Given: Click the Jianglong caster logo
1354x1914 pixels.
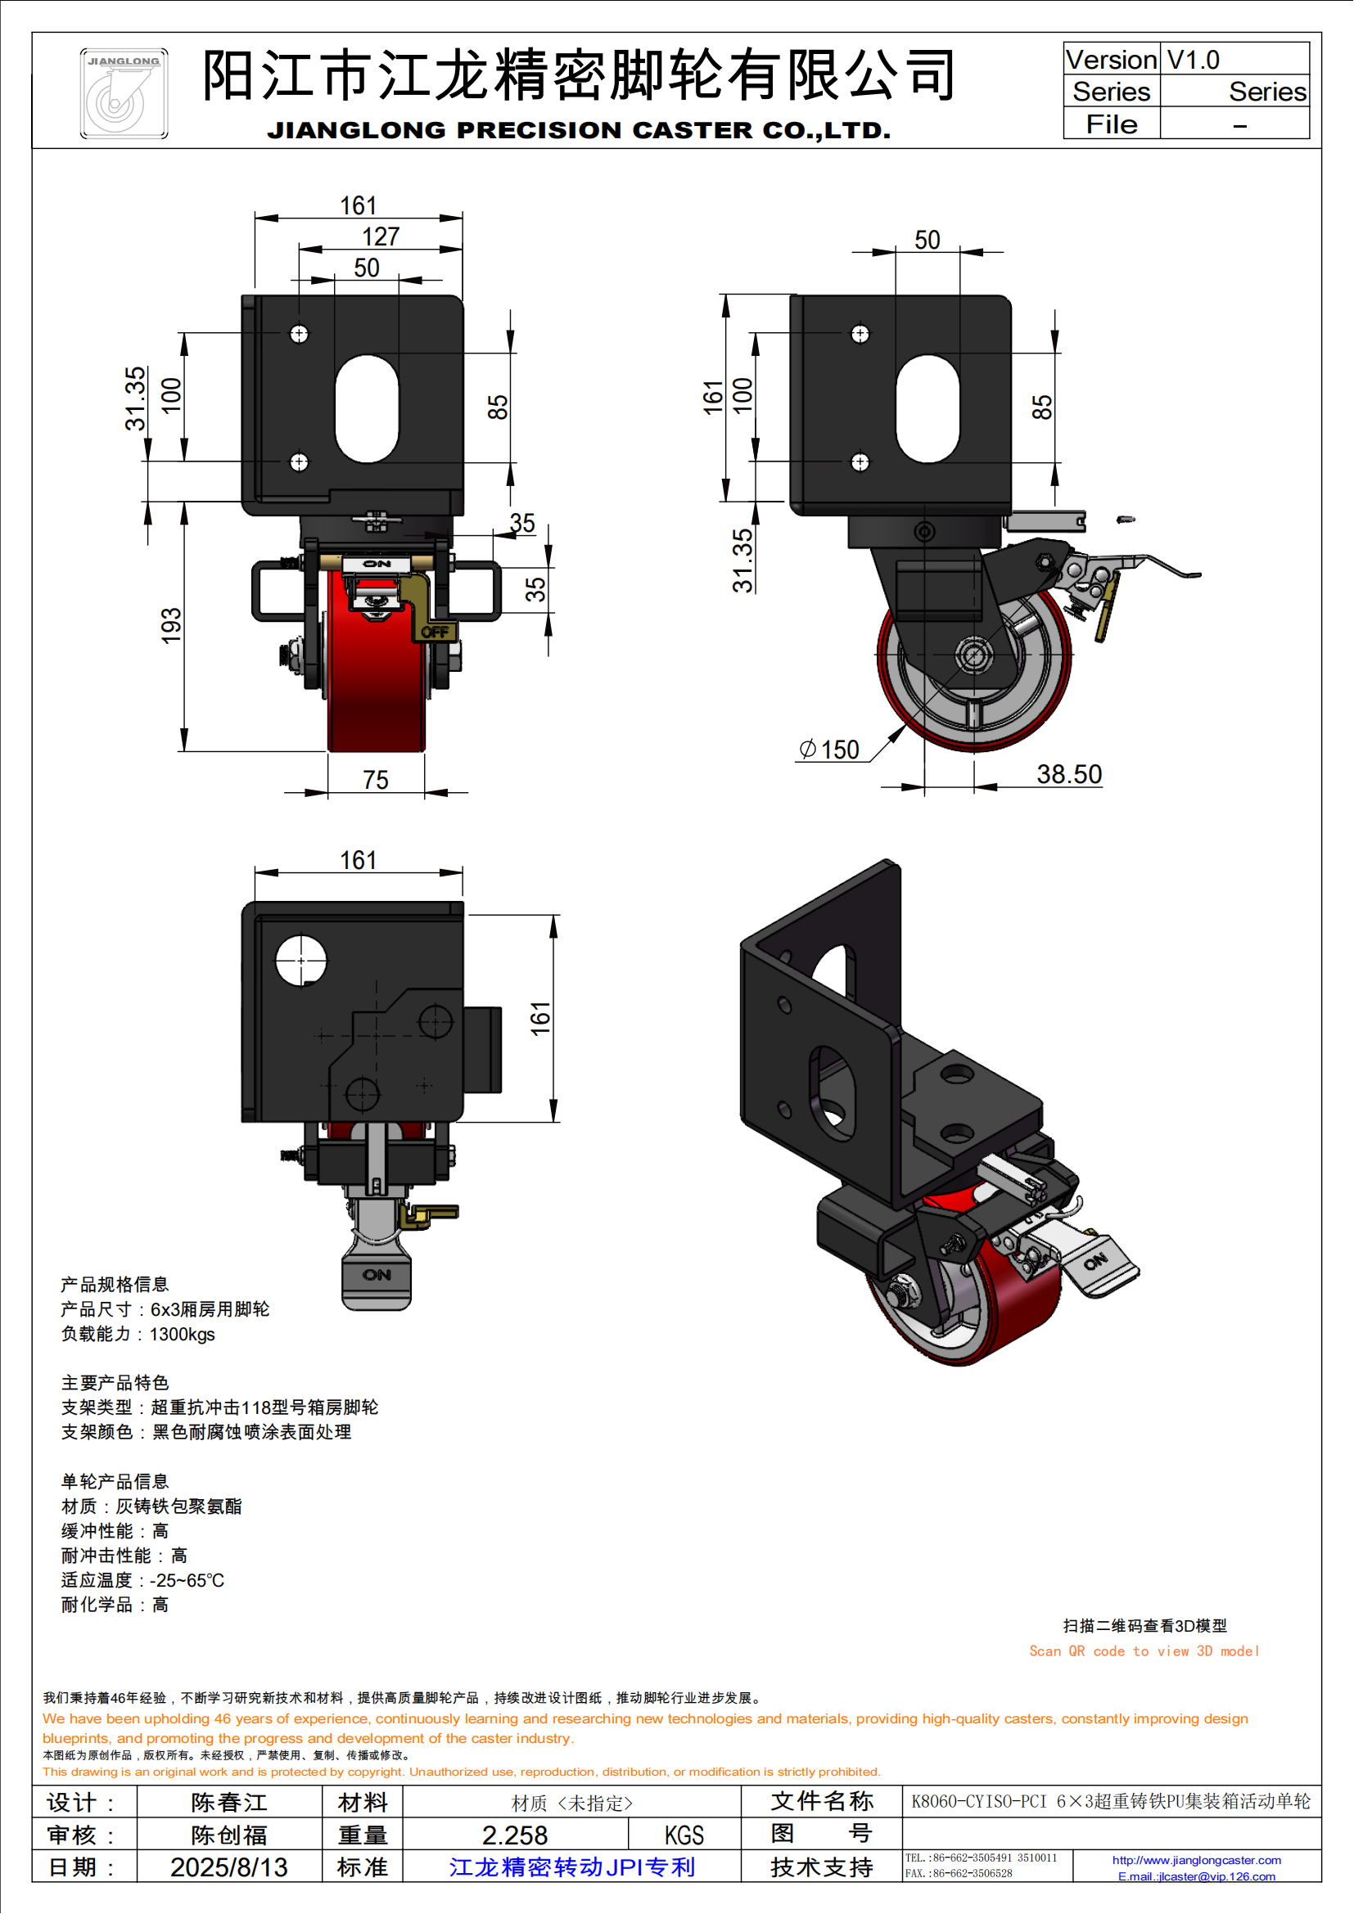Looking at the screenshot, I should point(124,93).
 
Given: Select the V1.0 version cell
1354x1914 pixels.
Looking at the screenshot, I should point(1193,60).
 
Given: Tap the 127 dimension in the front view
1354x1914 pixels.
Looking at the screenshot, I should point(381,236).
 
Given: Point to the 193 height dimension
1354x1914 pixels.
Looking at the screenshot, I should point(171,625).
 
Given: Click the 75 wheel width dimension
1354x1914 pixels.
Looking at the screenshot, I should point(375,781).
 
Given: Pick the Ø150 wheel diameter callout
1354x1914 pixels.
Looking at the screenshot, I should point(829,750).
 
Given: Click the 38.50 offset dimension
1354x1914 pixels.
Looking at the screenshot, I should point(1069,774).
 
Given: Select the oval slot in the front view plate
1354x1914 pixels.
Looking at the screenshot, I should point(367,408).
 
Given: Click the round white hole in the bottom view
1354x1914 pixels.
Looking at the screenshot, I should point(301,961).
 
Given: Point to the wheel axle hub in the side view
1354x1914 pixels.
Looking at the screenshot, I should point(973,655).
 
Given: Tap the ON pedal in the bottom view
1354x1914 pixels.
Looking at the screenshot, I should point(377,1276).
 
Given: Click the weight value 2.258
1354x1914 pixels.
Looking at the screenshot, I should point(514,1835).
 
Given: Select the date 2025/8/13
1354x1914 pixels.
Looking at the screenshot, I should point(228,1867).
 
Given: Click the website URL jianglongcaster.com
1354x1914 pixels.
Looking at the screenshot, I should point(1197,1860).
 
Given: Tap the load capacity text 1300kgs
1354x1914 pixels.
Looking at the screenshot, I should point(182,1335).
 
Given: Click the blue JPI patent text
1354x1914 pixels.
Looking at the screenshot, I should point(572,1867).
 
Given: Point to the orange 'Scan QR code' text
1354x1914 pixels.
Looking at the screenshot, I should point(1144,1651).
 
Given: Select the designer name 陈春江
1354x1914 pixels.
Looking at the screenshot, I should point(228,1804).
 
